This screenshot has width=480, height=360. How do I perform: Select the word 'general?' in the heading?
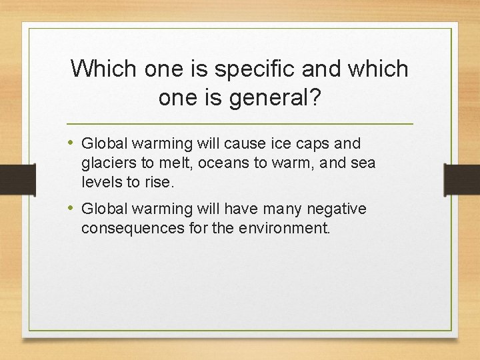point(275,98)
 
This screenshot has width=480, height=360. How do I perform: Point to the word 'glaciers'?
point(107,163)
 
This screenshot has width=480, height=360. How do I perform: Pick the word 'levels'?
point(99,181)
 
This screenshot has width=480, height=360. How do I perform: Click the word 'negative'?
point(337,209)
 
